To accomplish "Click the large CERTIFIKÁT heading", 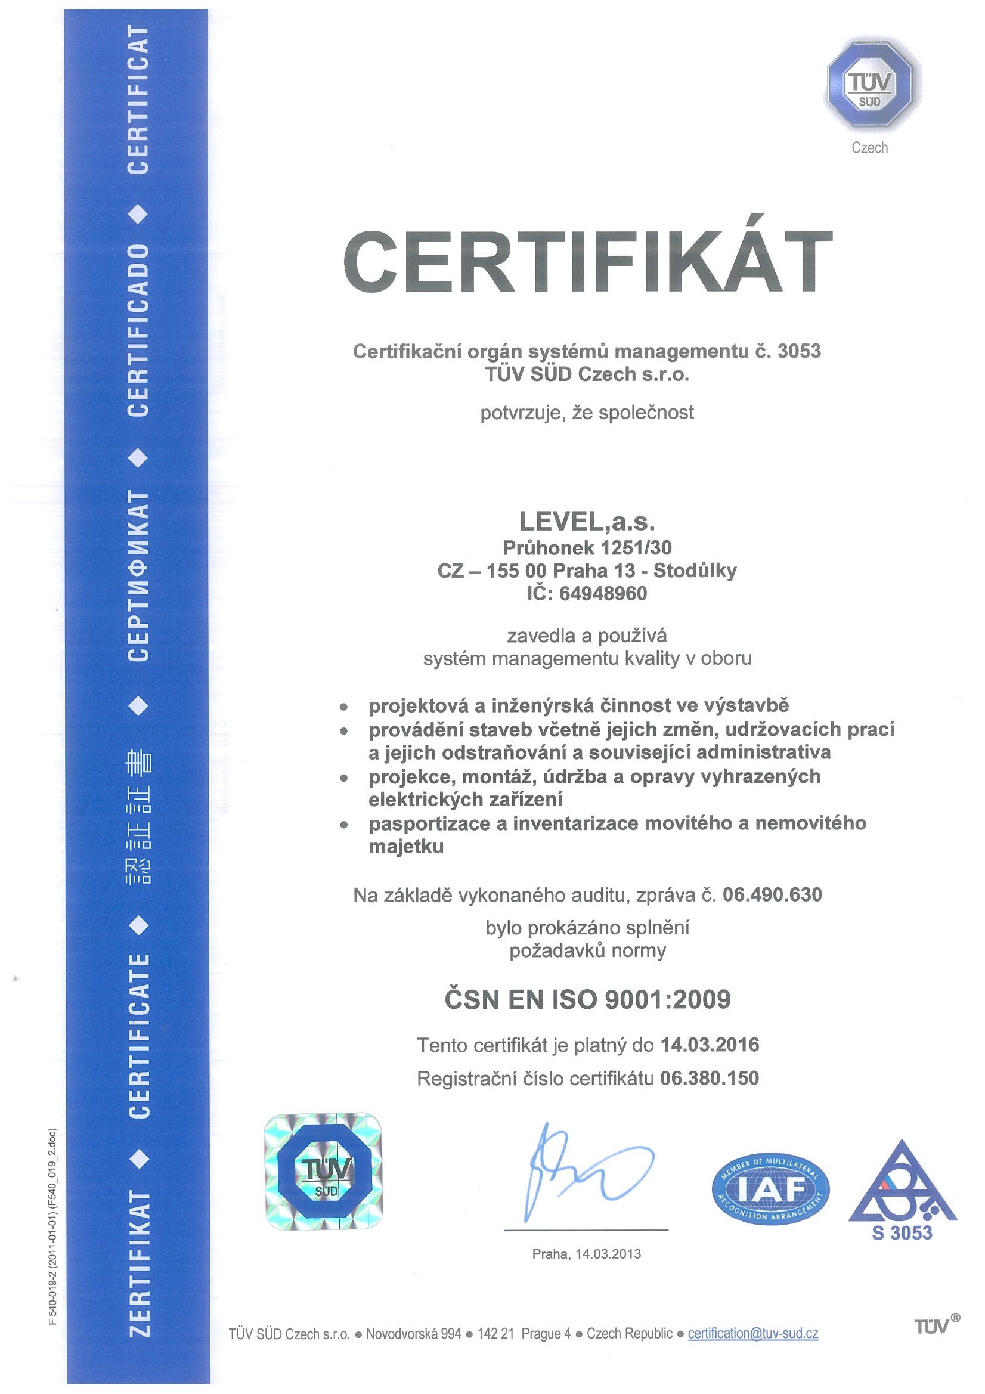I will [x=587, y=262].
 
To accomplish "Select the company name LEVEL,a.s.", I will [x=587, y=522].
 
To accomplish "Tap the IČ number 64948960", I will [x=603, y=593].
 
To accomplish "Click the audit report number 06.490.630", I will [x=773, y=894].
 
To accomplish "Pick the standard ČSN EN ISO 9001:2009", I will [x=587, y=999].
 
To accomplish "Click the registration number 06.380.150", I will [x=710, y=1077].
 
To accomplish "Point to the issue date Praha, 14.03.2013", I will [x=586, y=1254].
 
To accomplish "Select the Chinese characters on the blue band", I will [x=139, y=818].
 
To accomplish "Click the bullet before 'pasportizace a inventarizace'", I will [x=343, y=825].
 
